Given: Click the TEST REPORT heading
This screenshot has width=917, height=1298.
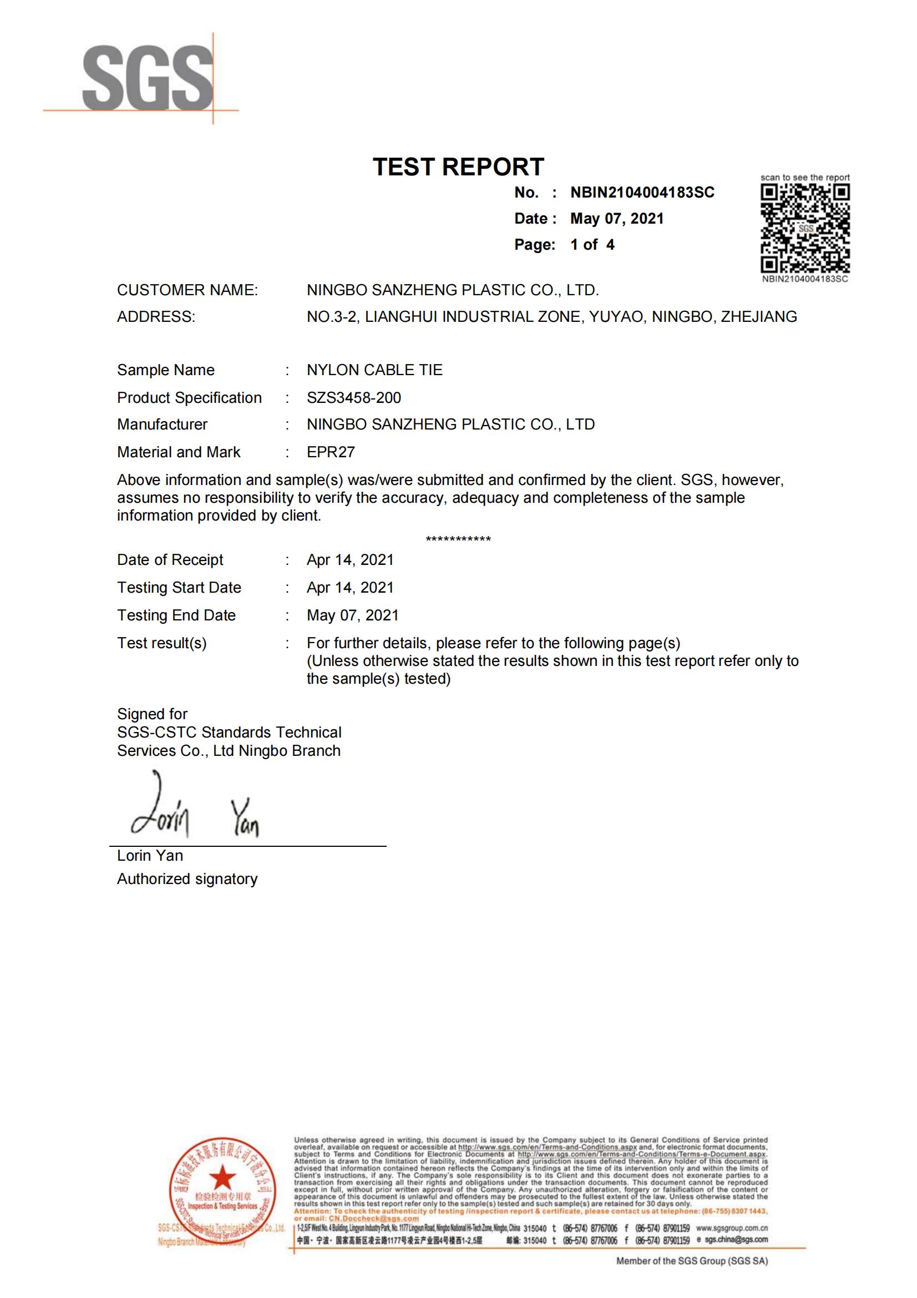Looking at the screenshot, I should coord(458,167).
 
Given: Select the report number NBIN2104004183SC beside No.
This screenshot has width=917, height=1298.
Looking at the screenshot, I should coord(642,193).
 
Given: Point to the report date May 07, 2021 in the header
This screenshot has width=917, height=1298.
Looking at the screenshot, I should coord(616,219).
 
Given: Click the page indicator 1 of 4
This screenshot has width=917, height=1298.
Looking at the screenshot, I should coord(592,245).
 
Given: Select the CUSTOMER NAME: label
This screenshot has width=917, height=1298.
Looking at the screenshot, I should coord(187,290).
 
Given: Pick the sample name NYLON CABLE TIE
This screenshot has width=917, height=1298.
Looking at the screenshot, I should coord(374,370).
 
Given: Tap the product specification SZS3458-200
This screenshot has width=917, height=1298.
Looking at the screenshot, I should coord(354,397).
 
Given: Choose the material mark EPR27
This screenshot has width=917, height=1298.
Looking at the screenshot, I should coord(331,452).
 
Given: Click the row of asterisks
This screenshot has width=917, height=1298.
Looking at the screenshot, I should coord(458,539).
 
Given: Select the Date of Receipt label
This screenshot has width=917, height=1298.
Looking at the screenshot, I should coord(170,560).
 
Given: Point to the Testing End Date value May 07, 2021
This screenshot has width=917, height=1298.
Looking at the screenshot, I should coord(353,615).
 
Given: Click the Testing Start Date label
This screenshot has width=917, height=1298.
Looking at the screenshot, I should coord(179,587).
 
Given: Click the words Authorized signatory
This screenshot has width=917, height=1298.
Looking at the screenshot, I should coord(187,879).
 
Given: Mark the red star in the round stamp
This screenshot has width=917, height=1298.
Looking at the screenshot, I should coord(222,1179).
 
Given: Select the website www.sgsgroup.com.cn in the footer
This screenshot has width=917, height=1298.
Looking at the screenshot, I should coord(732,1228).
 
